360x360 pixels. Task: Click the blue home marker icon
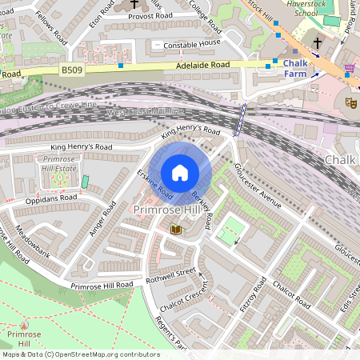[x=180, y=173]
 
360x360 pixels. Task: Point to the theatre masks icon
[x=350, y=102]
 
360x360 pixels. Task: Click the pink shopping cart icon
[x=349, y=70]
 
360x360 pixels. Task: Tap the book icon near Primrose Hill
[x=176, y=230]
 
